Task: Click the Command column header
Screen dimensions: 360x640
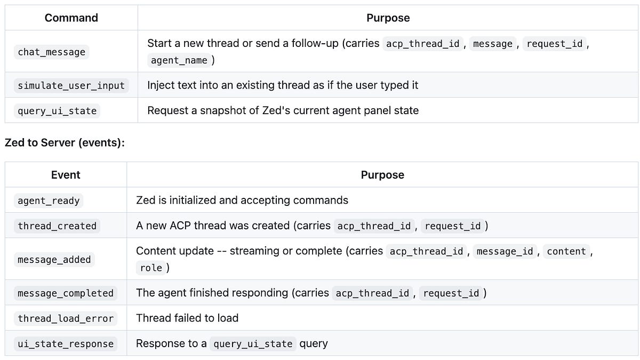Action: pyautogui.click(x=71, y=18)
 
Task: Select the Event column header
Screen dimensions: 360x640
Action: pyautogui.click(x=66, y=175)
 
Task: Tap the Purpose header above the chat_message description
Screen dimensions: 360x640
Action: pyautogui.click(x=388, y=18)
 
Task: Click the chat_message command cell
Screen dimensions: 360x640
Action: pyautogui.click(x=51, y=52)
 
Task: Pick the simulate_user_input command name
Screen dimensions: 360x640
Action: pyautogui.click(x=71, y=85)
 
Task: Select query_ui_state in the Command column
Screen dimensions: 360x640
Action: pyautogui.click(x=57, y=111)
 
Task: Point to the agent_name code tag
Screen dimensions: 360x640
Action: pyautogui.click(x=179, y=60)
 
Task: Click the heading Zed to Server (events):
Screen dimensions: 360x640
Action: pyautogui.click(x=65, y=143)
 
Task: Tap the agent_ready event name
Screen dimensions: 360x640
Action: pyautogui.click(x=49, y=201)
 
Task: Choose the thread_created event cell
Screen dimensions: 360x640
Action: pyautogui.click(x=57, y=226)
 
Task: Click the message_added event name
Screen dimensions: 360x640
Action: pyautogui.click(x=54, y=260)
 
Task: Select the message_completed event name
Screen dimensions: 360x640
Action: pyautogui.click(x=66, y=293)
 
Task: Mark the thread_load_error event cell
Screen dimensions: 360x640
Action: pyautogui.click(x=66, y=318)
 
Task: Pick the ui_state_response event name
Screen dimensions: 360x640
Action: pyautogui.click(x=66, y=344)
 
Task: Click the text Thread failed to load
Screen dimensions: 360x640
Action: pyautogui.click(x=187, y=318)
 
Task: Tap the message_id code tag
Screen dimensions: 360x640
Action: pyautogui.click(x=505, y=251)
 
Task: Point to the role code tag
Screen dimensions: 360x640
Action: pyautogui.click(x=151, y=268)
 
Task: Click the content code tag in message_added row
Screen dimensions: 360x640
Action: pyautogui.click(x=566, y=251)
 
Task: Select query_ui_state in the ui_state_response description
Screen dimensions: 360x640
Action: pyautogui.click(x=253, y=344)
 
